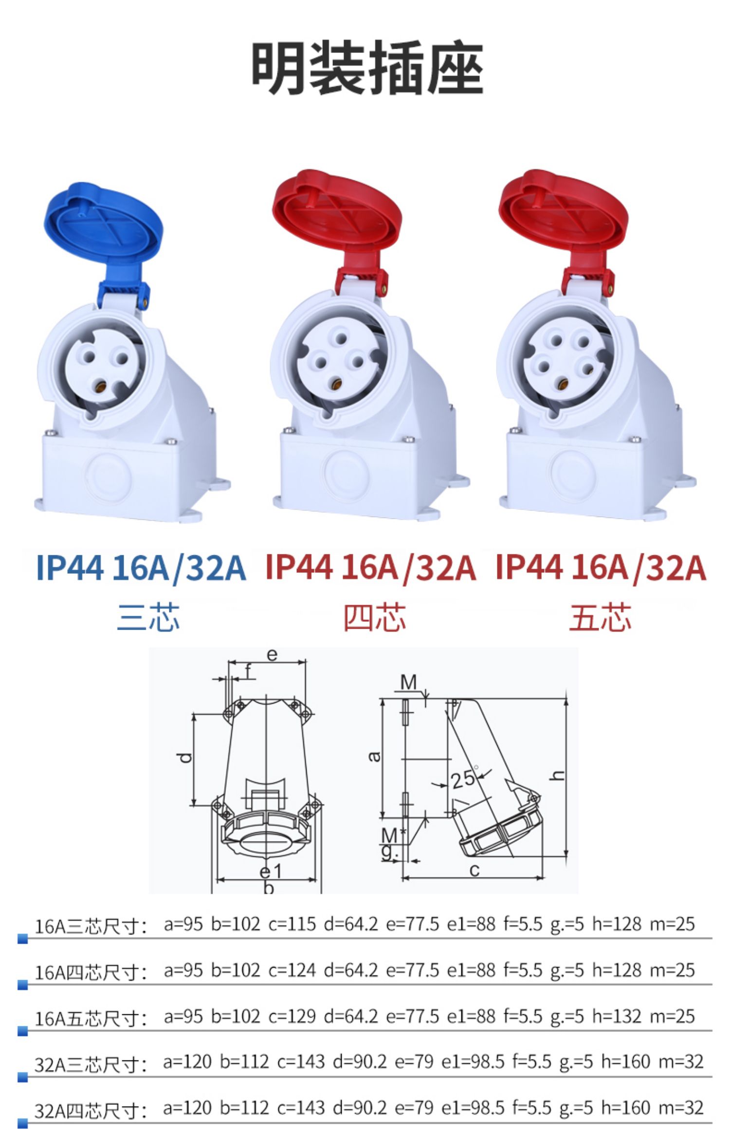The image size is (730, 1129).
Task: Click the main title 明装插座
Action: [x=367, y=69]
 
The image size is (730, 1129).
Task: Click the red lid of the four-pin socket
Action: [x=337, y=216]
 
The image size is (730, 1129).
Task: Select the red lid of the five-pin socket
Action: [x=564, y=216]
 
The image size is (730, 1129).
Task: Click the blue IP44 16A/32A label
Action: [x=141, y=568]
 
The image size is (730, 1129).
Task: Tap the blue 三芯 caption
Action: [x=148, y=617]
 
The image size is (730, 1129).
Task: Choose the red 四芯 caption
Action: [x=375, y=617]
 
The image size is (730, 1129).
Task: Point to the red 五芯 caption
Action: [x=601, y=617]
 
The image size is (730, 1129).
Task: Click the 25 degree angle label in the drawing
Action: [x=462, y=779]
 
